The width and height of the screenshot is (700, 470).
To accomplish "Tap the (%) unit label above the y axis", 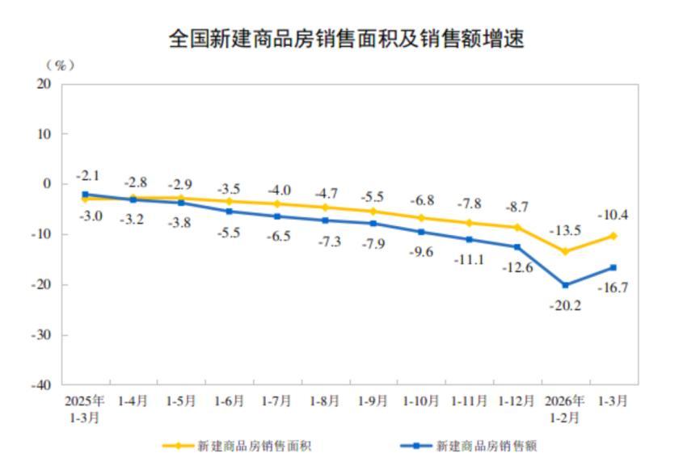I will tap(59, 65).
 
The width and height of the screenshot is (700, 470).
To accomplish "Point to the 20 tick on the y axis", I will tap(44, 84).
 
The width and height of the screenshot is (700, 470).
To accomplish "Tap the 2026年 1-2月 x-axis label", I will tap(564, 408).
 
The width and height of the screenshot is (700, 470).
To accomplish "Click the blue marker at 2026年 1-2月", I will tap(565, 285).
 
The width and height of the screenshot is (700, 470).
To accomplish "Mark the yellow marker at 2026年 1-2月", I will tap(565, 251).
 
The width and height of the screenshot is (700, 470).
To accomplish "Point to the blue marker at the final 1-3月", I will tap(613, 267).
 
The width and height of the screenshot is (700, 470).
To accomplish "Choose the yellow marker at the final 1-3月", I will tap(613, 236).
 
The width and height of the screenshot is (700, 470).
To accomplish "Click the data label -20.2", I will tap(565, 306).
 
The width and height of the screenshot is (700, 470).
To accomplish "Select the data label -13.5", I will tap(565, 230).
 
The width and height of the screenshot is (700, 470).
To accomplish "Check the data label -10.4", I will tap(613, 215).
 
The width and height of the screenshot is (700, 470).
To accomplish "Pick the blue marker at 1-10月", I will tap(421, 232).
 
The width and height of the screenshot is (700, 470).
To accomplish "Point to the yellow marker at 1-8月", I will tap(325, 208).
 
